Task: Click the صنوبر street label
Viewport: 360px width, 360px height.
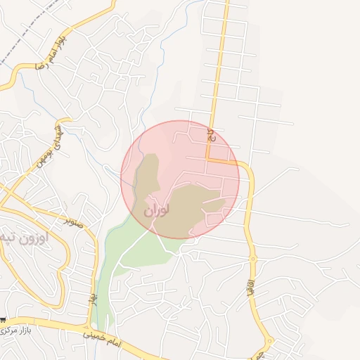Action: click(x=74, y=221)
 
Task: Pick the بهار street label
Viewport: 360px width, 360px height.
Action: click(x=92, y=299)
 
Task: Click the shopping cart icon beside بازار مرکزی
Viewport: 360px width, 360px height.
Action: click(x=4, y=320)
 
